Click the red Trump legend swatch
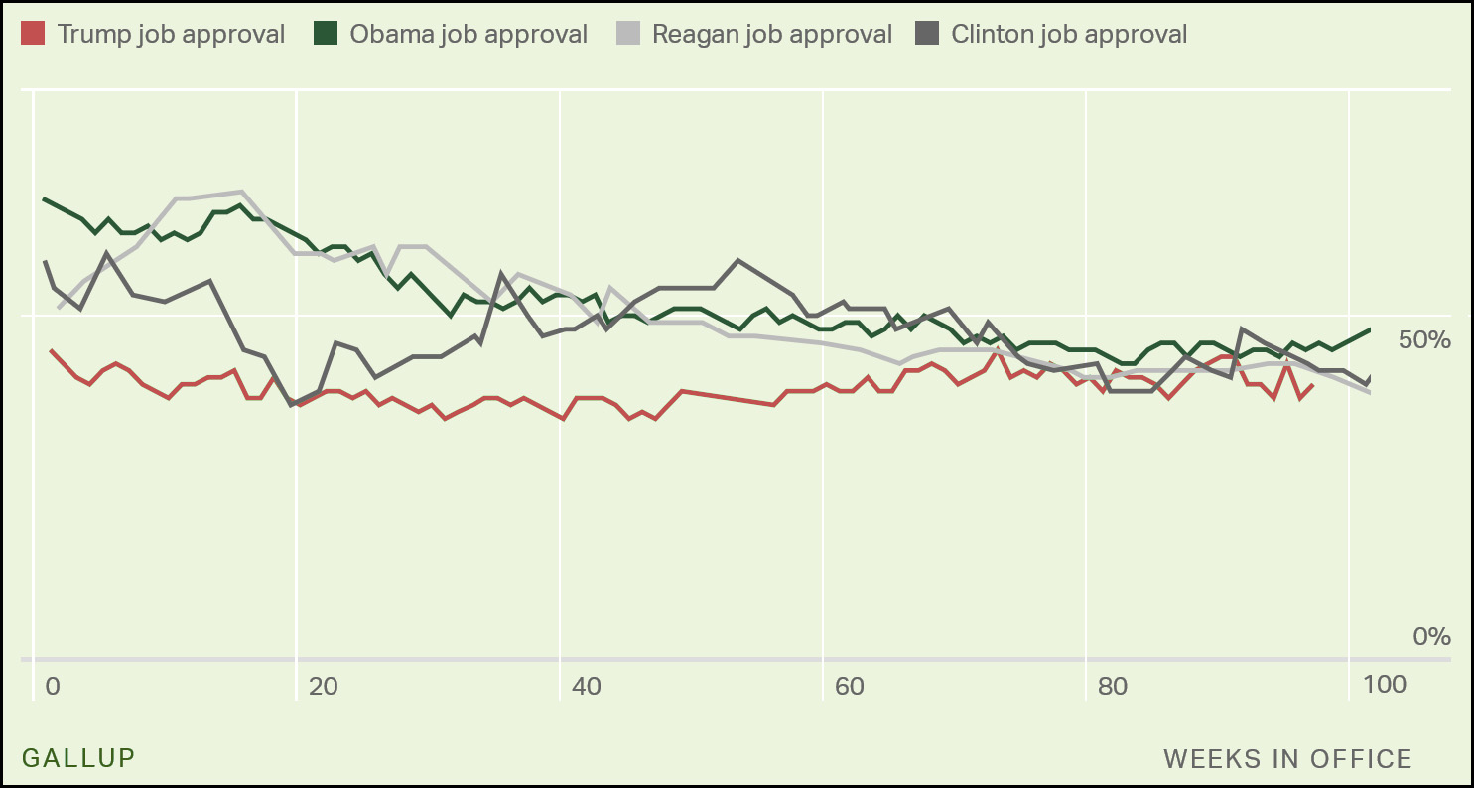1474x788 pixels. [x=33, y=34]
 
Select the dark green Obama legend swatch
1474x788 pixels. [x=326, y=34]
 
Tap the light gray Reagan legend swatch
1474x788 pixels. [x=627, y=34]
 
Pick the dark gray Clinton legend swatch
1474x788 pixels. [x=927, y=34]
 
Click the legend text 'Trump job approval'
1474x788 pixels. [x=171, y=34]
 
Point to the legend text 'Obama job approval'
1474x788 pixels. [x=469, y=34]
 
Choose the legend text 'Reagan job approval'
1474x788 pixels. [x=772, y=34]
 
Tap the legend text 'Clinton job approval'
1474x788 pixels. [x=1069, y=34]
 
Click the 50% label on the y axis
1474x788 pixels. [x=1424, y=340]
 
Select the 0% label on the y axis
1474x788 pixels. [x=1431, y=636]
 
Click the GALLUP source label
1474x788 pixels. [x=78, y=758]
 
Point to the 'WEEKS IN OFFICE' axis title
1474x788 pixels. [x=1287, y=759]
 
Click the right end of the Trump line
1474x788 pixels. [x=1313, y=385]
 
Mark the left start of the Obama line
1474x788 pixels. [x=44, y=198]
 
